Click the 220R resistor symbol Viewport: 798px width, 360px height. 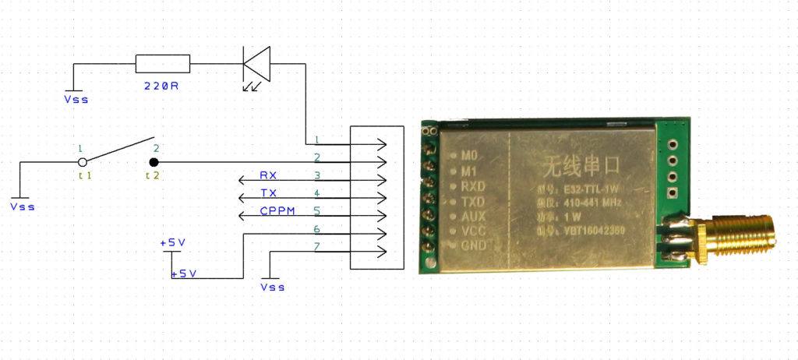(163, 64)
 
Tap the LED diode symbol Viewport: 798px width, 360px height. (256, 64)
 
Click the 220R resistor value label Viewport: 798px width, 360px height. (162, 86)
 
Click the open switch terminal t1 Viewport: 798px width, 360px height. (82, 162)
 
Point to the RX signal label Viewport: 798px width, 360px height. (268, 175)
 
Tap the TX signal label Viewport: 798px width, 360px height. (268, 193)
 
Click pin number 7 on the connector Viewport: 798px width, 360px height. (316, 246)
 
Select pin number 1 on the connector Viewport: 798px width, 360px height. (316, 140)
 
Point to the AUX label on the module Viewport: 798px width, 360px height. (473, 215)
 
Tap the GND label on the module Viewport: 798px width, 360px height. (474, 245)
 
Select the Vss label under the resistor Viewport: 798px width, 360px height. (76, 99)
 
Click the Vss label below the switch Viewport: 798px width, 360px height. (23, 206)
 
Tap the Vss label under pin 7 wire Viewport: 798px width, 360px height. (273, 287)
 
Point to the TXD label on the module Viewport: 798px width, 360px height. (473, 200)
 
